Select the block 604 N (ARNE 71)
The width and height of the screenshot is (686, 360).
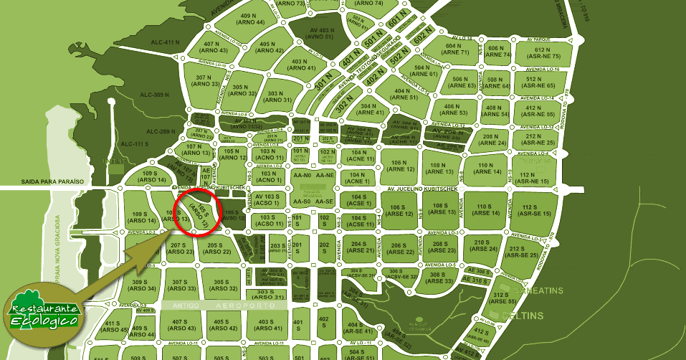pyautogui.click(x=451, y=48)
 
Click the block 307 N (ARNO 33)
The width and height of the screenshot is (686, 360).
pyautogui.click(x=206, y=80)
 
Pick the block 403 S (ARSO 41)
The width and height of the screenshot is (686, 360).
pyautogui.click(x=266, y=325)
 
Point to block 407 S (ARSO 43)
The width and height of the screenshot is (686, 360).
pyautogui.click(x=184, y=324)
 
